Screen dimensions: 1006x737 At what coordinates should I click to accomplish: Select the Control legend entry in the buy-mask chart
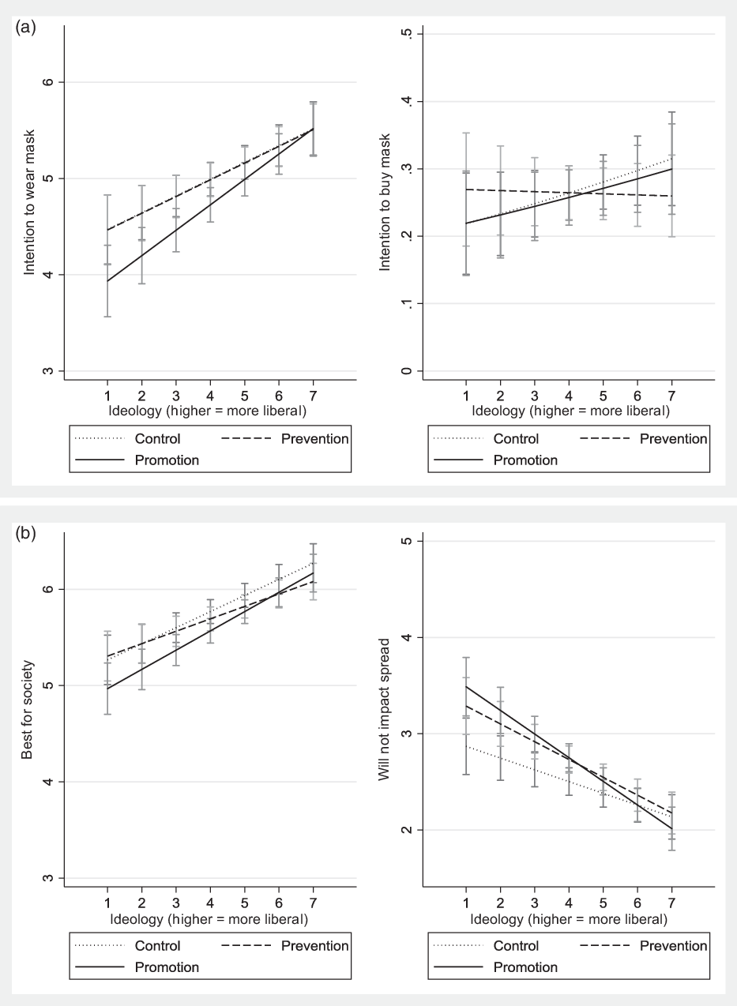pos(517,439)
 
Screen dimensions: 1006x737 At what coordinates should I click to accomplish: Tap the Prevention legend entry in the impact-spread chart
pos(673,945)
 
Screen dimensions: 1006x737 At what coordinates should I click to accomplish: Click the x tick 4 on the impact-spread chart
pos(569,903)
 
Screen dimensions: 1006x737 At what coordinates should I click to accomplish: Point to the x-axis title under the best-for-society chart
pos(209,919)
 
